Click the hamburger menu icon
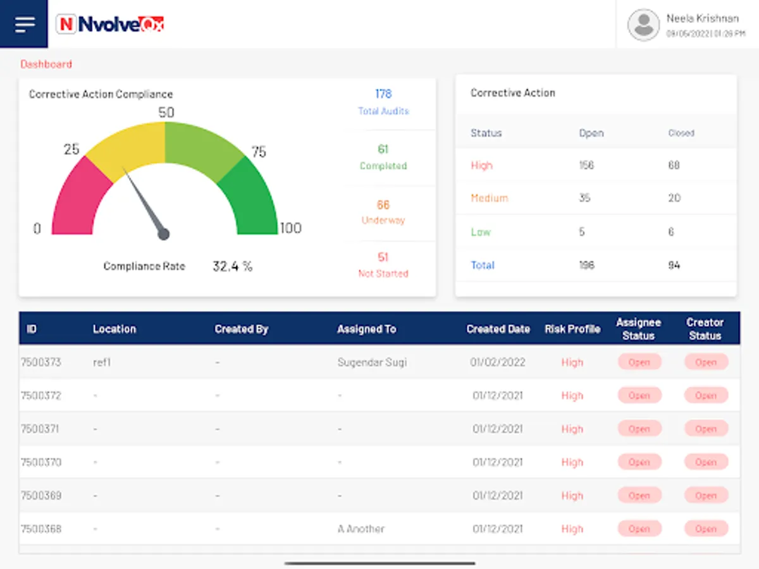click(x=25, y=24)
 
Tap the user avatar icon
click(x=643, y=25)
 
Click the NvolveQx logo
click(x=111, y=24)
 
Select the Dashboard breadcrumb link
click(x=46, y=64)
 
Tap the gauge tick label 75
click(x=259, y=152)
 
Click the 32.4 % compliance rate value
click(x=232, y=266)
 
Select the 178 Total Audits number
click(x=383, y=94)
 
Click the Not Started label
click(x=383, y=274)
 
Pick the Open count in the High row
click(x=586, y=165)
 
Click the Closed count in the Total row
click(x=674, y=265)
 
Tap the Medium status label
click(x=489, y=198)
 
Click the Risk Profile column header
click(x=572, y=329)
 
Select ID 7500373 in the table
click(x=41, y=362)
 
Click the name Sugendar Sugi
click(x=372, y=362)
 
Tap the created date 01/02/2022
click(x=498, y=362)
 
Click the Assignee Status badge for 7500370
click(x=639, y=462)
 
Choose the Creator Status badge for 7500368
click(x=706, y=529)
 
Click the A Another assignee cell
click(x=361, y=529)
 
